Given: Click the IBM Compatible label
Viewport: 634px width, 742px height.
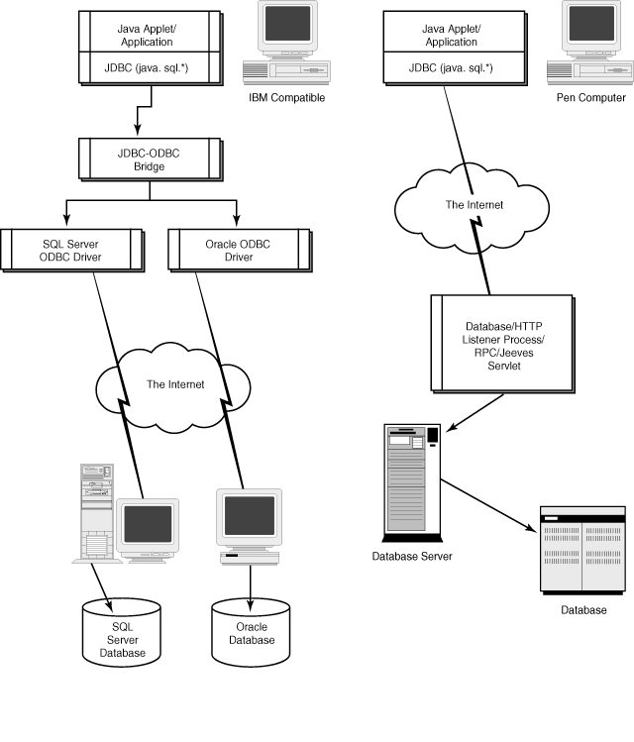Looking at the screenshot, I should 287,98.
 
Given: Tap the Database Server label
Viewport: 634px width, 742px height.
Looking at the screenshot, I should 411,557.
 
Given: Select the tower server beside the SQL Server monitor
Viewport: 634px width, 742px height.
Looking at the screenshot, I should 95,510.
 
